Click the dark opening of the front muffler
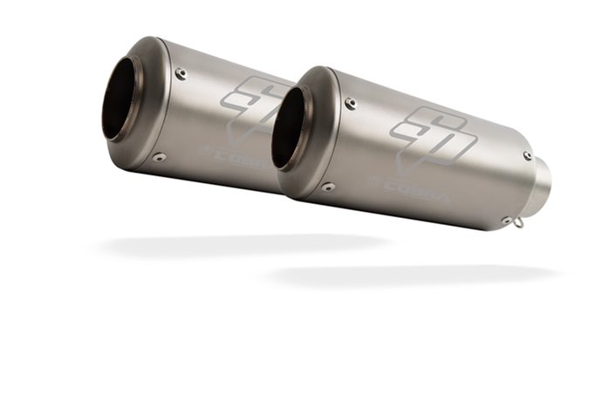[289, 126]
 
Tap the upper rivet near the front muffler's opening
[351, 104]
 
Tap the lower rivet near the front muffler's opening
[328, 186]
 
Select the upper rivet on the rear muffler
[181, 74]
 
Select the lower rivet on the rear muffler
[159, 157]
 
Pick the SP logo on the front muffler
[427, 131]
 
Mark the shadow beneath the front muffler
[410, 274]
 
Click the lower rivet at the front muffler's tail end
[505, 221]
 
